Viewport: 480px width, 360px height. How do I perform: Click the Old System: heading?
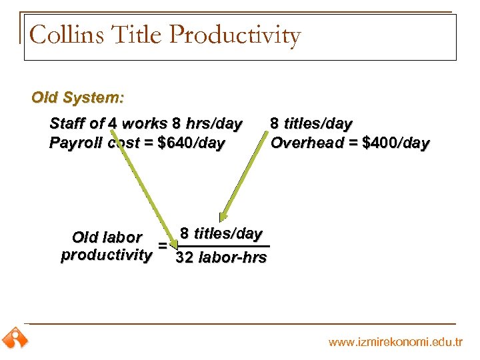[x=77, y=97]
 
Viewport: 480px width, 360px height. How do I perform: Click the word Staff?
[x=68, y=124]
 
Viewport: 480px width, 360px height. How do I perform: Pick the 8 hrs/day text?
[x=207, y=124]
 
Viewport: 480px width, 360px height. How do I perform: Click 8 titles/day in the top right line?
[x=311, y=124]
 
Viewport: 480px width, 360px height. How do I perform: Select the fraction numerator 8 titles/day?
[x=221, y=233]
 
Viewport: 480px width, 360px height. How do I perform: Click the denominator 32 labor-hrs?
[x=221, y=257]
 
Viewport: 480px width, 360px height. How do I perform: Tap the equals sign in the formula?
[x=162, y=246]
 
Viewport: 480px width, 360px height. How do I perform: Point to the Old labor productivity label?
[x=106, y=246]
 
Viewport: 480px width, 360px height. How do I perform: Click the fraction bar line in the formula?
[x=220, y=246]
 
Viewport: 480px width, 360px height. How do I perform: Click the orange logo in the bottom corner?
[x=15, y=338]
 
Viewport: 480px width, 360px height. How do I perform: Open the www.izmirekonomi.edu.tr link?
[x=395, y=342]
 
